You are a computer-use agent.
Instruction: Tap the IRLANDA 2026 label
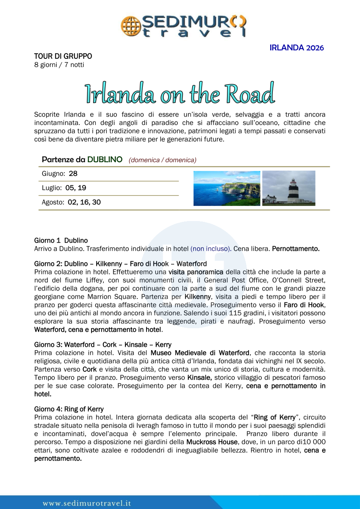point(296,48)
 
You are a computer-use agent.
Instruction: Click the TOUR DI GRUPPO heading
point(63,56)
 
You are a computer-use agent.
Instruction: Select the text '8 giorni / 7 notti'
point(59,65)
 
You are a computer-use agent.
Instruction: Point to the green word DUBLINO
point(105,160)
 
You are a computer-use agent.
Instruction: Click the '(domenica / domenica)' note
point(163,160)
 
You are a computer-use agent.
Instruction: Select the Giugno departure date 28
point(73,174)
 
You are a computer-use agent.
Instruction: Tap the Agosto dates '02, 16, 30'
point(84,202)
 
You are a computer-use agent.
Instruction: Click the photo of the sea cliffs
point(227,188)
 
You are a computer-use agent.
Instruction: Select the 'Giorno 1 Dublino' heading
point(61,241)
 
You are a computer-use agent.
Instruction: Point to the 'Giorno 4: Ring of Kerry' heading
point(69,409)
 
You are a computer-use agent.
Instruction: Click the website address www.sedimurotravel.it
point(87,503)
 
